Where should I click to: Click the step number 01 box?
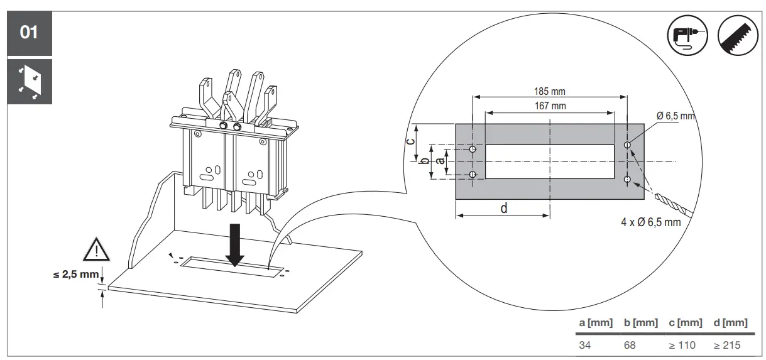click(29, 32)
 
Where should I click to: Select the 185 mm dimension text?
click(549, 92)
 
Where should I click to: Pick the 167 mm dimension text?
click(550, 106)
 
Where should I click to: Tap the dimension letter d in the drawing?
click(504, 208)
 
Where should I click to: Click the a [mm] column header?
click(594, 323)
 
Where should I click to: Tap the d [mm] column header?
click(731, 323)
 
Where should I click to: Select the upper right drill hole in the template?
click(627, 145)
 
